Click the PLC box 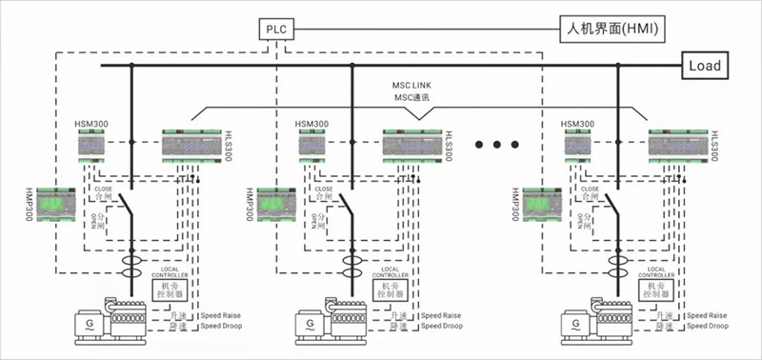coord(277,30)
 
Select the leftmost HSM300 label coord(94,124)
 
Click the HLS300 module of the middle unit coord(410,144)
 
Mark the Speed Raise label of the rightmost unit coord(709,314)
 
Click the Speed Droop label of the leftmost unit coord(225,326)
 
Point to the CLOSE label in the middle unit coord(323,190)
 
